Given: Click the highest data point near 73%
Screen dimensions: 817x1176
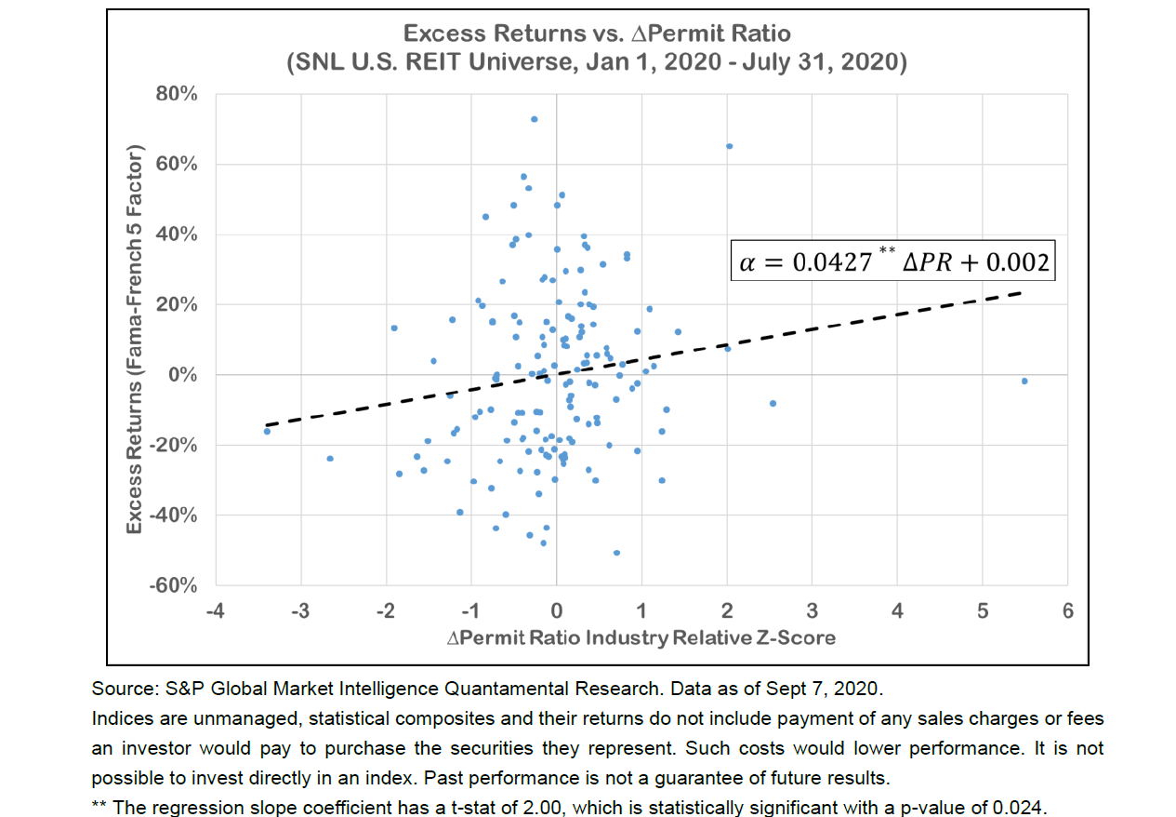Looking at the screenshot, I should point(534,119).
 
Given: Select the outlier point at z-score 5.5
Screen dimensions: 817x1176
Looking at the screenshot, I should point(1024,381).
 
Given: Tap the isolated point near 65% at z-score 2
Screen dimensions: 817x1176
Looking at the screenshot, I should point(729,146).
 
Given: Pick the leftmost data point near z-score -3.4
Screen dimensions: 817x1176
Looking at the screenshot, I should point(267,431).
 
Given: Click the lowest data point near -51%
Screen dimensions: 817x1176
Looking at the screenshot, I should point(616,553).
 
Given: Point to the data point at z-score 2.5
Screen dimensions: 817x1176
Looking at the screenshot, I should point(773,403).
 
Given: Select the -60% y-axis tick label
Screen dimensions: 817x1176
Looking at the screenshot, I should point(176,585).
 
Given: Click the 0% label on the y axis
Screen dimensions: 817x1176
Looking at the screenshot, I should point(184,375).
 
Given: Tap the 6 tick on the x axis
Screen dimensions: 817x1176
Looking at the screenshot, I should point(1067,611).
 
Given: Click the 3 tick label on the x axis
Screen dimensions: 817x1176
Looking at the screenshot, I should point(812,611).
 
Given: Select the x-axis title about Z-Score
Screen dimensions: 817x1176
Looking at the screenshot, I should point(641,637).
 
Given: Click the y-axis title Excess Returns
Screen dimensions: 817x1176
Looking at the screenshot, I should point(135,340).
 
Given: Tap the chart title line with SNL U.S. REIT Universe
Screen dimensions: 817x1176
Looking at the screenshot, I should point(597,63).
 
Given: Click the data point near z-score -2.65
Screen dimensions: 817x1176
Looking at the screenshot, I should point(330,458).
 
